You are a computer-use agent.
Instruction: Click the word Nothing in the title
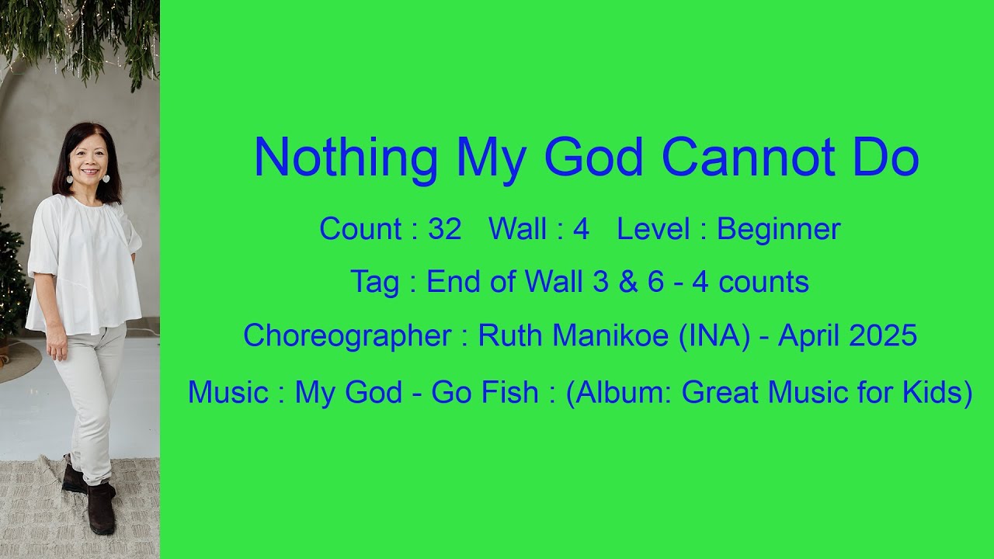pos(346,158)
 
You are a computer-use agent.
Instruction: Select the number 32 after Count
pos(445,229)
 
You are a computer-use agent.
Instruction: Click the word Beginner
pos(778,229)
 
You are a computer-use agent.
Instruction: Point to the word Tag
pos(374,282)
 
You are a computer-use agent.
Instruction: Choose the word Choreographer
pos(346,335)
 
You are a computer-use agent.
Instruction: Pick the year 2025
pos(883,335)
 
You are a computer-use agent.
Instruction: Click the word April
pos(808,335)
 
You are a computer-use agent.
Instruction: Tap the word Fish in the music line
pos(509,393)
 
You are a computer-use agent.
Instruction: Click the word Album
pos(619,393)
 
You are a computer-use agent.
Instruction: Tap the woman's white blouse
pos(85,260)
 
